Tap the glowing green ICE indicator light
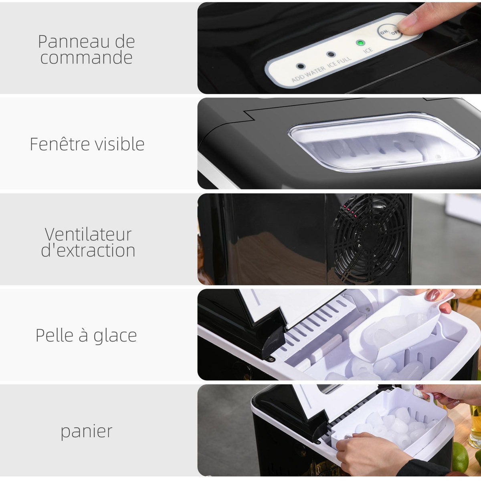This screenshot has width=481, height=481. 360,43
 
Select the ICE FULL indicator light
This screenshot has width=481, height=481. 331,55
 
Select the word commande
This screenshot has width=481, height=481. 86,57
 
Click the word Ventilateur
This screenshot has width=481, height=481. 88,234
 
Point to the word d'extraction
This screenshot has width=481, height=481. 88,251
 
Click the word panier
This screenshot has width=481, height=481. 86,432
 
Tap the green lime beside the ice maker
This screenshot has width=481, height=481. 460,457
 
